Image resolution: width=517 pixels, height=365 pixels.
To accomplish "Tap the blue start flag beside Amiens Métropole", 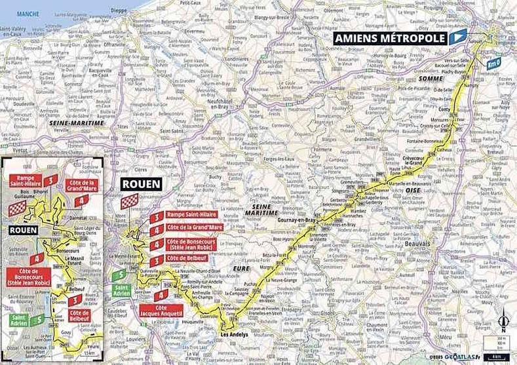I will pos(458,36).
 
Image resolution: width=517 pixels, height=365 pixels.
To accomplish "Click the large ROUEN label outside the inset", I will pos(141,184).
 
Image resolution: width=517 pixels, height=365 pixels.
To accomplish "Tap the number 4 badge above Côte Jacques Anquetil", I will pos(159,296).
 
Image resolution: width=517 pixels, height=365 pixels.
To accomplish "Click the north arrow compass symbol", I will pos(503,321).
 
